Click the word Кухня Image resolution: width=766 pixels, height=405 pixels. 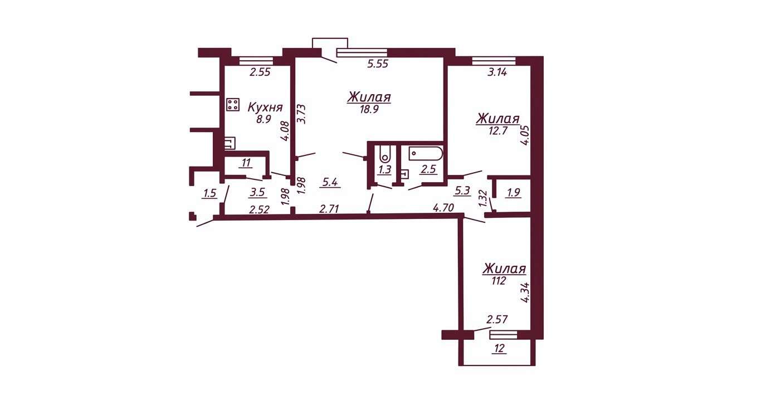pyautogui.click(x=265, y=108)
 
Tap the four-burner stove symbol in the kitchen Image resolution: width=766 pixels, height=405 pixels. pyautogui.click(x=233, y=104)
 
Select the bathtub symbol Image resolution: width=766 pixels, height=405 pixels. pyautogui.click(x=426, y=154)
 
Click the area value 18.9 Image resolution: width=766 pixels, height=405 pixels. pyautogui.click(x=369, y=109)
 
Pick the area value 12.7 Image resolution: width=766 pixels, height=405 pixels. pyautogui.click(x=497, y=131)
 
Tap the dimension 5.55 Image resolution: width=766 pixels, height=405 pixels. pyautogui.click(x=378, y=64)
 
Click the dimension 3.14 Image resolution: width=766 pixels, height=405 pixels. pyautogui.click(x=497, y=72)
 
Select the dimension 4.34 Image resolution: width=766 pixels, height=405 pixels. pyautogui.click(x=525, y=292)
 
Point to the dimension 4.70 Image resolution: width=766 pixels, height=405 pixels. pyautogui.click(x=443, y=208)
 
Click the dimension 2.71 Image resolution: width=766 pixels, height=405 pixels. pyautogui.click(x=329, y=209)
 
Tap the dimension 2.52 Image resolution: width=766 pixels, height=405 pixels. pyautogui.click(x=260, y=209)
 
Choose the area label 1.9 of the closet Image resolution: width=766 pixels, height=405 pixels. pyautogui.click(x=514, y=193)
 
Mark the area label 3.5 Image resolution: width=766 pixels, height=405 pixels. pyautogui.click(x=257, y=192)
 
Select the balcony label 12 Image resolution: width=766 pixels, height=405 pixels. pyautogui.click(x=500, y=349)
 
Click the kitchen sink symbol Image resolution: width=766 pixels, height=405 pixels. pyautogui.click(x=230, y=143)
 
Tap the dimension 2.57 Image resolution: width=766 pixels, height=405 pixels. pyautogui.click(x=497, y=319)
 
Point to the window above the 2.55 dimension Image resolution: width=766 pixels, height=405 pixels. pyautogui.click(x=256, y=61)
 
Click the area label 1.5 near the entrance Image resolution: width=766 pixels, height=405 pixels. pyautogui.click(x=209, y=194)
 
